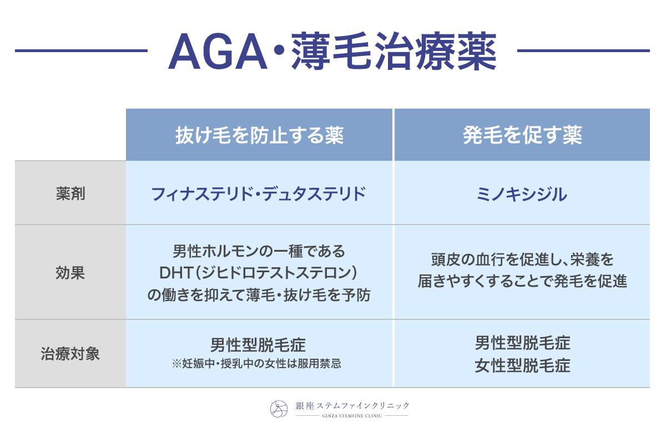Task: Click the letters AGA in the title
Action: (218, 52)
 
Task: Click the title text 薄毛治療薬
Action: (393, 51)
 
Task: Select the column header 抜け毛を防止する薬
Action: (259, 135)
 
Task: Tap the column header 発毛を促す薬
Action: (522, 135)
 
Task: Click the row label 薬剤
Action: (70, 193)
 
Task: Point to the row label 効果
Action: (70, 273)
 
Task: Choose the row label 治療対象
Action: (70, 354)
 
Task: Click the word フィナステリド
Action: (202, 194)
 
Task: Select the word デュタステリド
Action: (314, 194)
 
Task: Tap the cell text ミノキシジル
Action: (522, 194)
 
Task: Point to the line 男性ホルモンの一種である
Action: (259, 251)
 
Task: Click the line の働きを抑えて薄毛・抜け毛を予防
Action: (259, 295)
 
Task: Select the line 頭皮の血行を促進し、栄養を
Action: (522, 259)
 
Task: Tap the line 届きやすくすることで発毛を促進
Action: (522, 281)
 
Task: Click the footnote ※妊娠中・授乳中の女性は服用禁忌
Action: (256, 364)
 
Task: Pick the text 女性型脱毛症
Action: (522, 365)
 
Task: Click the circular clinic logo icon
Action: (279, 409)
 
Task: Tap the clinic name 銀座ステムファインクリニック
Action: (352, 406)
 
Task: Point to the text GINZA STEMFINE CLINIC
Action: (352, 416)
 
